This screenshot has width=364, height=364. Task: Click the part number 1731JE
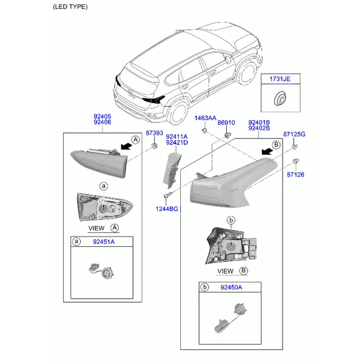click(280, 79)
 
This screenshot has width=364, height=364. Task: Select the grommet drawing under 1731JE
click(280, 98)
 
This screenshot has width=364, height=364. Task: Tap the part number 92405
click(103, 116)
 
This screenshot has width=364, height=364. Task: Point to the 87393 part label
click(154, 133)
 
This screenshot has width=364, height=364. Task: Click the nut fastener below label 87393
click(154, 146)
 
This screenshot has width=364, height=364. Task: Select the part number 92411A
click(177, 136)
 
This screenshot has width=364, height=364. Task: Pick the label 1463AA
click(205, 118)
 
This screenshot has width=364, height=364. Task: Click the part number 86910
click(226, 123)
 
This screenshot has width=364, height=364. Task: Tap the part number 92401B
click(259, 123)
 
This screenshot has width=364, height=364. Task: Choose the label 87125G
click(294, 134)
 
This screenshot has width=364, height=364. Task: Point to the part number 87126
click(295, 175)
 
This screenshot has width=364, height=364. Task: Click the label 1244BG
click(167, 209)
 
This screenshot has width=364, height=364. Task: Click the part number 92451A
click(104, 242)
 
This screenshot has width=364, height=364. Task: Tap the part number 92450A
click(231, 288)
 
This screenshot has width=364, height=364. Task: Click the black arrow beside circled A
click(126, 146)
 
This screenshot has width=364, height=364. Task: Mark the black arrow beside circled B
click(267, 151)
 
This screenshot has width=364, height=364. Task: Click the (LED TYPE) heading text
click(70, 7)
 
